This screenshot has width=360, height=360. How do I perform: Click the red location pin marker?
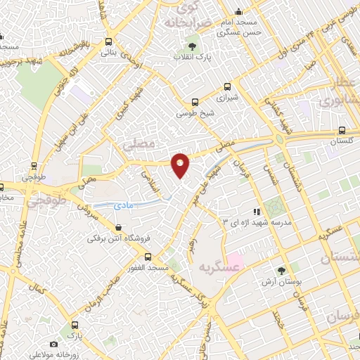(181, 165)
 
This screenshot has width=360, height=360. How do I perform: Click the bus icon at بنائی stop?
(108, 41)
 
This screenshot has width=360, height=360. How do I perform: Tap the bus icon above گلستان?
(342, 130)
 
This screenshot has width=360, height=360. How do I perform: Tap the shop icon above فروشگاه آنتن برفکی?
(118, 228)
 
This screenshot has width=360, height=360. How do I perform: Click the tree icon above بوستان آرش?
(281, 270)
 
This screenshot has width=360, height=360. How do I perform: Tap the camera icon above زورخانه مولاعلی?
(54, 344)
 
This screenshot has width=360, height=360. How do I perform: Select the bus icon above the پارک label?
(75, 325)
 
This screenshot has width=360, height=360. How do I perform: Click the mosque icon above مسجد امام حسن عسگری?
(238, 11)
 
